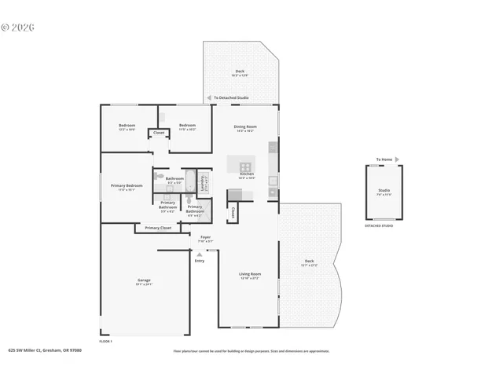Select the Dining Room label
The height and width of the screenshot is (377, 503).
tap(245, 128)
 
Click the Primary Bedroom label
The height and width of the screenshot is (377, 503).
tap(127, 187)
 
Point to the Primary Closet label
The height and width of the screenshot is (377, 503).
tap(158, 228)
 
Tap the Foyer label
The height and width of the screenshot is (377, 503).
tap(205, 238)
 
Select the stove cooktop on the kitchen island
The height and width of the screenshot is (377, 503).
tap(245, 167)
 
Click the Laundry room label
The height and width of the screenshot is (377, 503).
tap(203, 182)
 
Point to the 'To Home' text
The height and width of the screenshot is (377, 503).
tap(384, 159)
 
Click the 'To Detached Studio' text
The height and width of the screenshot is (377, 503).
tap(232, 98)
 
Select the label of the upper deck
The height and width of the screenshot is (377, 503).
tap(240, 73)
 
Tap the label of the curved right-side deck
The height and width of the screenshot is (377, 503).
tap(309, 262)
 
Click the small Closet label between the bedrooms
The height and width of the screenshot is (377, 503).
tap(158, 133)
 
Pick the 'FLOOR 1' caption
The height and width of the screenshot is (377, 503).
tap(106, 342)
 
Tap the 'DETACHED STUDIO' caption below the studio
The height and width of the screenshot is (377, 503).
tap(379, 226)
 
